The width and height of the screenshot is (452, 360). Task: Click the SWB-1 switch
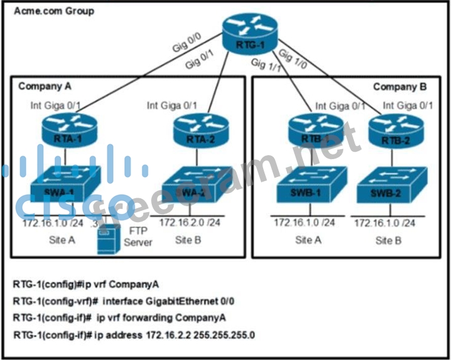coord(308,184)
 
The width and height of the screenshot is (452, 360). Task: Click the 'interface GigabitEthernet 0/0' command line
coord(168,301)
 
